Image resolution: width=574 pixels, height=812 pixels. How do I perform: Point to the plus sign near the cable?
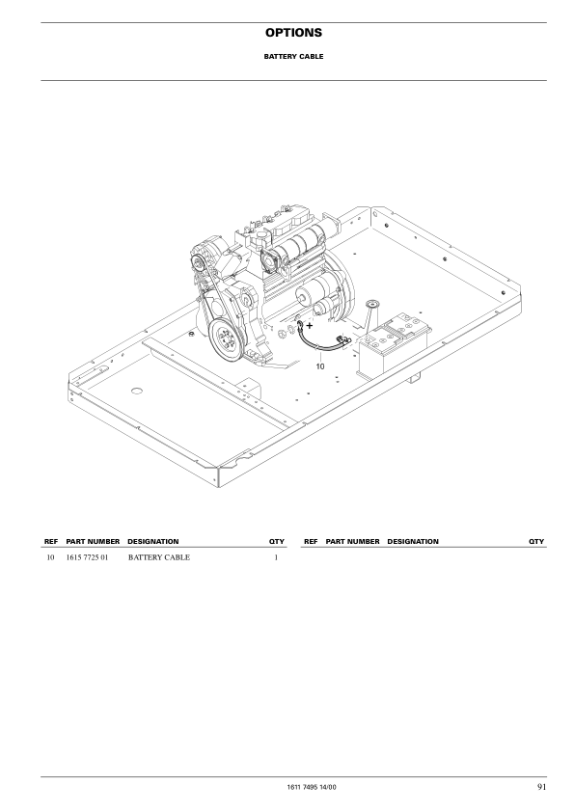[x=309, y=326]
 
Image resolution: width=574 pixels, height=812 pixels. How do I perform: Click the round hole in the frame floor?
[x=136, y=391]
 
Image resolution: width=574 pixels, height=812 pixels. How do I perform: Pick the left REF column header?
[x=51, y=542]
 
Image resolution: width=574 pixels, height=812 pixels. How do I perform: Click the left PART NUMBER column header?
[x=93, y=542]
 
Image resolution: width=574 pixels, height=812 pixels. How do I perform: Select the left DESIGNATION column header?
[x=152, y=542]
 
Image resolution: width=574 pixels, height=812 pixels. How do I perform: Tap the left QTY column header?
[x=276, y=542]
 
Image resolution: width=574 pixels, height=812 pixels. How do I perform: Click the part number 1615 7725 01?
[x=89, y=558]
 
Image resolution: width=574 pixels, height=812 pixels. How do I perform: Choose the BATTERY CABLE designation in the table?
[x=158, y=558]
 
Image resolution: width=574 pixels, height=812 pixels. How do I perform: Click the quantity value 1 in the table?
[x=276, y=558]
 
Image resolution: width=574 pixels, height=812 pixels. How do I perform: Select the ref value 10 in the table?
[x=50, y=558]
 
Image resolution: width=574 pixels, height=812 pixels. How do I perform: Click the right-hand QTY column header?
[x=536, y=542]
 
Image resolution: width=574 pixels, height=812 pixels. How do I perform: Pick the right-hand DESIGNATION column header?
[x=413, y=542]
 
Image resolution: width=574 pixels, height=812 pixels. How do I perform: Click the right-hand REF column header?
[x=311, y=542]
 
